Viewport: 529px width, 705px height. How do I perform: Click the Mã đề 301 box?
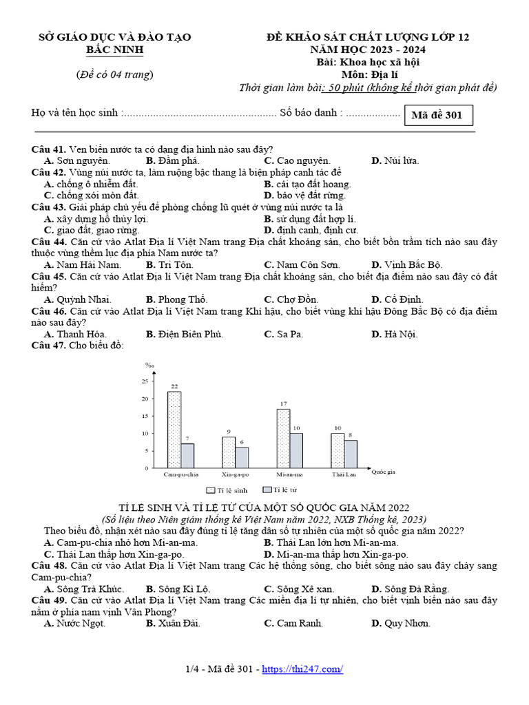[437, 115]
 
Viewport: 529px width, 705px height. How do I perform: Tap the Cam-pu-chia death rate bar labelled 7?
[188, 455]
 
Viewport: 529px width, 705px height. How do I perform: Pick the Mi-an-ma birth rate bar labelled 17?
[283, 438]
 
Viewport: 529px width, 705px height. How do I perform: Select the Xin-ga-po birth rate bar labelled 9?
[229, 452]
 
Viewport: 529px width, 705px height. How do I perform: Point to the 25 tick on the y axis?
[145, 381]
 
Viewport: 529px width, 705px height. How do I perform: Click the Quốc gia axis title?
[383, 472]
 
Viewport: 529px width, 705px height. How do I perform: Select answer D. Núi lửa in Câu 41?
[395, 161]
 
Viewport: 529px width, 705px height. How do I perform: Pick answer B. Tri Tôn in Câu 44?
[169, 264]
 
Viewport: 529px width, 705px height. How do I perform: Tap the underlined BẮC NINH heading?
[114, 50]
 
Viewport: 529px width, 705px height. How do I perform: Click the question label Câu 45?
[48, 277]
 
